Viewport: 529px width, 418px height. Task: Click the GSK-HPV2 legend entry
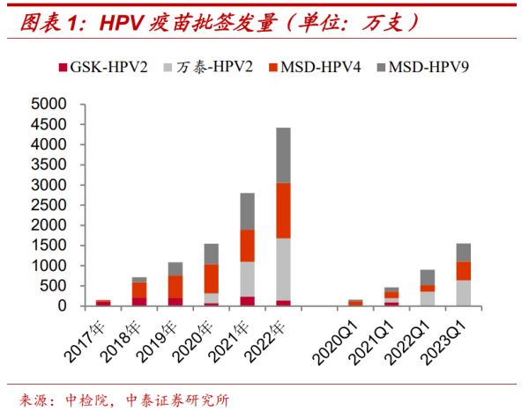101,66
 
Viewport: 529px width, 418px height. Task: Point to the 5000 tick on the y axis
49,104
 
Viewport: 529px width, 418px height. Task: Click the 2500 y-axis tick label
49,205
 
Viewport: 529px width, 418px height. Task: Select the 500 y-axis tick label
56,286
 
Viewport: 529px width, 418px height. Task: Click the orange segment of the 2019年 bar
175,287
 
